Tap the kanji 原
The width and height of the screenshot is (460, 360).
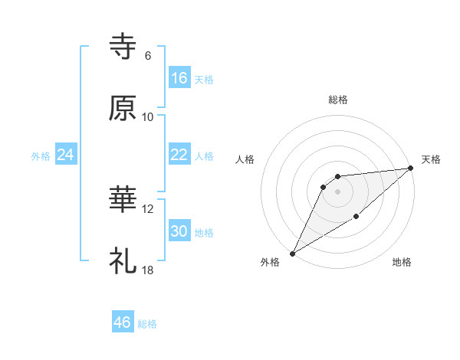(123, 108)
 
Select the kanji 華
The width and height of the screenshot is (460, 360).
(123, 201)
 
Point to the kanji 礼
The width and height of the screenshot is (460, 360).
(123, 261)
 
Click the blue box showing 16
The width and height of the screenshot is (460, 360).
(179, 77)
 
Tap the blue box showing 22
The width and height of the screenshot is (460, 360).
(179, 155)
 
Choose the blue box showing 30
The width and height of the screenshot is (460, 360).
(179, 231)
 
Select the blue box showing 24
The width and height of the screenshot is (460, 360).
(66, 155)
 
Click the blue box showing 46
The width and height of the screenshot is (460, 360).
(123, 322)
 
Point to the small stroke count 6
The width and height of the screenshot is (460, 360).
(148, 56)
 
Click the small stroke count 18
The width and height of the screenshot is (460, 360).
(148, 270)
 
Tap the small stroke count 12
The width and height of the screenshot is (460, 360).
(148, 209)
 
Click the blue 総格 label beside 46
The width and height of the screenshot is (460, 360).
(147, 324)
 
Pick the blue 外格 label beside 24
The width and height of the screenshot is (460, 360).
(41, 156)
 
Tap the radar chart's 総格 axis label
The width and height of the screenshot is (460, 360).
(337, 100)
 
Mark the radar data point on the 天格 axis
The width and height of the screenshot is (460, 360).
(412, 168)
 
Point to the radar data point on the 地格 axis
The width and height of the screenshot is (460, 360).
(356, 218)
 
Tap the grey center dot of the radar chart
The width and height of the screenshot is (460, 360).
(337, 191)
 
